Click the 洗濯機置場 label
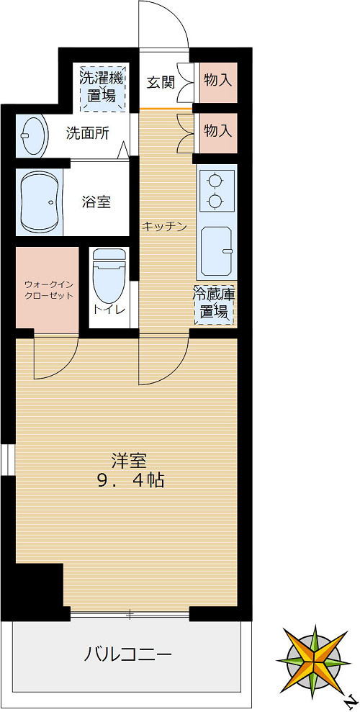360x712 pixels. pos(102,88)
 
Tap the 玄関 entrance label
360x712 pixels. pos(161,82)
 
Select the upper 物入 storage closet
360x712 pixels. pos(217,80)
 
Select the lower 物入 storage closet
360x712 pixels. pos(217,131)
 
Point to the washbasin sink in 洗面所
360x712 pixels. pos(32,134)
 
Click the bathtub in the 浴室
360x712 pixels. pos(40,202)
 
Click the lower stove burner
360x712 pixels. pos(214,201)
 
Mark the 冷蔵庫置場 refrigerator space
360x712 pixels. pos(213,303)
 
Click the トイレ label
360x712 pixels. pos(109,310)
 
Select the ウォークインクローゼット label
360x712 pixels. pos(48,289)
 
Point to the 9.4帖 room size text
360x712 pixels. pos(130,479)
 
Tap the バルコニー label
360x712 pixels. pos(127,654)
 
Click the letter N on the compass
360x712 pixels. pos(351,699)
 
